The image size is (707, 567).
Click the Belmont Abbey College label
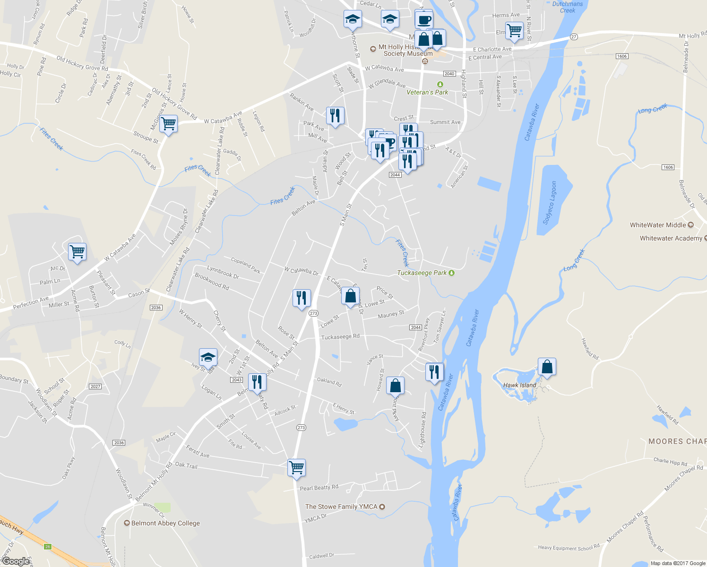point(165,523)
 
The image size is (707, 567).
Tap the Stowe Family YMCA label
point(341,507)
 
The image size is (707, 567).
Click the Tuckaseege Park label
point(422,273)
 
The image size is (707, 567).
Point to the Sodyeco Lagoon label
point(551,202)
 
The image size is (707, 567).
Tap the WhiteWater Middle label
point(658,225)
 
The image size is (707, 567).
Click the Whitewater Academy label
point(671,238)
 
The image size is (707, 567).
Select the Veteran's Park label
point(427,92)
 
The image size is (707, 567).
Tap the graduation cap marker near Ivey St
point(208,358)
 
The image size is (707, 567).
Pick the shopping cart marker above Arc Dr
point(77,251)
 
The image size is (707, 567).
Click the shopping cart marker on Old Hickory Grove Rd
point(168,124)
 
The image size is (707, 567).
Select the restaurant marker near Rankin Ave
point(335,116)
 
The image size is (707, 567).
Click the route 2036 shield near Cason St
point(156,308)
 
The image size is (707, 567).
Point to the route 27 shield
point(574,37)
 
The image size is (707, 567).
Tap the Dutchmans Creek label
point(567,7)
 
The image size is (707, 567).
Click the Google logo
point(16,561)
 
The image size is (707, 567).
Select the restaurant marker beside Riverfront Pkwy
point(434,372)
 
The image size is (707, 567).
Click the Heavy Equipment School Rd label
point(569,547)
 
